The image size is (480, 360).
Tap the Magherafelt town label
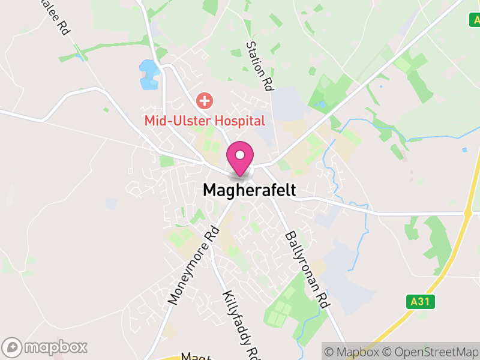[249, 190]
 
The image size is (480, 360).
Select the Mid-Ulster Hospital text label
[204, 121]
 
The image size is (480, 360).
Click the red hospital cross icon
[205, 100]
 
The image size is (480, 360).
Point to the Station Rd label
[260, 66]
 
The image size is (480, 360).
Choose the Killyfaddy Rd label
[239, 324]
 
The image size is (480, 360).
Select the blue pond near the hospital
[148, 74]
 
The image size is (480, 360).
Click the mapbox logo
[46, 347]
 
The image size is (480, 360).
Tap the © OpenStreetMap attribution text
[431, 352]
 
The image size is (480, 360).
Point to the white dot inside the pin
[240, 155]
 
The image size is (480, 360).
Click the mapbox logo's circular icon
[13, 347]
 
